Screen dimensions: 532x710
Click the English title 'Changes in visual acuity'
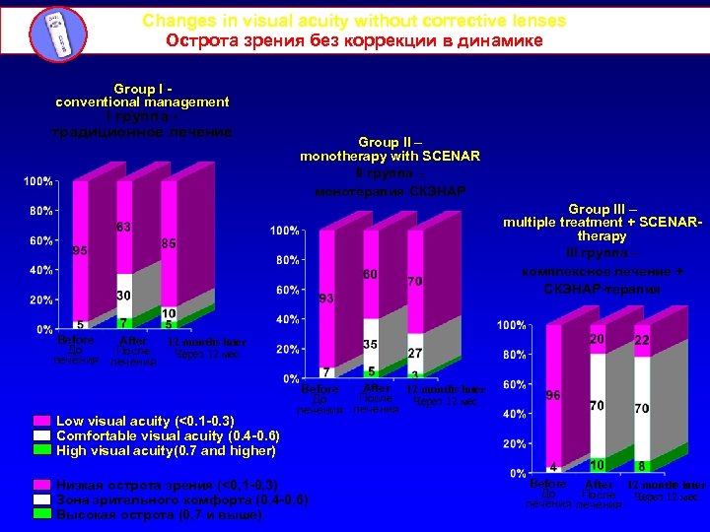354,21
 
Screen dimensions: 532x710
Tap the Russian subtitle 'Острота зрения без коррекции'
354,40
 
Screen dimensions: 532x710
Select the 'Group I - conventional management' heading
142,95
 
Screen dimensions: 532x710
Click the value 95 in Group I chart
80,250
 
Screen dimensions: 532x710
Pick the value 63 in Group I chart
124,228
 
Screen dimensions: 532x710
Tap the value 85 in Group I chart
169,242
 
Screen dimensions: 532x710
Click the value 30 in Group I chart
124,296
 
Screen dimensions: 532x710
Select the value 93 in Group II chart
326,298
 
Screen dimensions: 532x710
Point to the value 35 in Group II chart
371,345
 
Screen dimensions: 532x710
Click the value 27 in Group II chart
415,352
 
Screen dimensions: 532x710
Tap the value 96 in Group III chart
554,395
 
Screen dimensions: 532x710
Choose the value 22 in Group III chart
642,340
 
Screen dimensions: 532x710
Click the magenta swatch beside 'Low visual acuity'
42,421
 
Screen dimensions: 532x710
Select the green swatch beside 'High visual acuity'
42,450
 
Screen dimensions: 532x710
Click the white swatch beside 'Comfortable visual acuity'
42,435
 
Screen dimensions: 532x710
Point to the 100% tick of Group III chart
510,325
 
